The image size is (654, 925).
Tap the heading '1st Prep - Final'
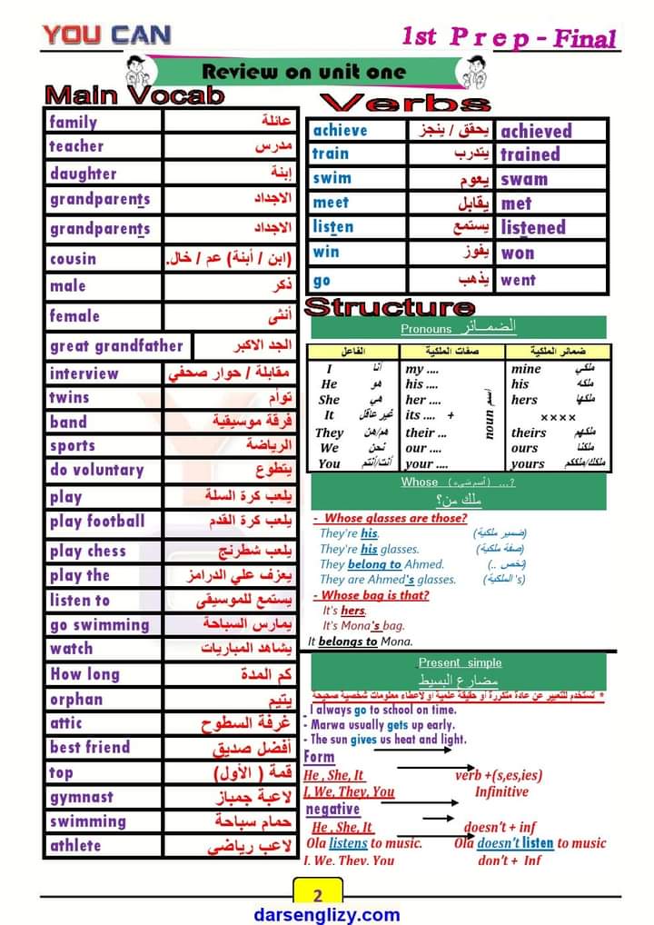[509, 38]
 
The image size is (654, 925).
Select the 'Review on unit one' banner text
[303, 71]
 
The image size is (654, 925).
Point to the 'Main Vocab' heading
[134, 95]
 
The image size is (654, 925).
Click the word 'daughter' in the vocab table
[83, 174]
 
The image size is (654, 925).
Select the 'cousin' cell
[73, 259]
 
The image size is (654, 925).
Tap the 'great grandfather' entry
[116, 345]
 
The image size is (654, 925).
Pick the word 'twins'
[70, 397]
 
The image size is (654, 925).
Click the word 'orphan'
[76, 699]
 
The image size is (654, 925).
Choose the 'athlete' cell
[75, 845]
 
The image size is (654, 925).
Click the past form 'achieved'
[536, 131]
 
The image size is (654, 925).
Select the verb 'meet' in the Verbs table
[331, 203]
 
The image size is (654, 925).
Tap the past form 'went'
[518, 280]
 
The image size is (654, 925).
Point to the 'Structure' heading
[390, 307]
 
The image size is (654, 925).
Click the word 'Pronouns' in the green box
[426, 329]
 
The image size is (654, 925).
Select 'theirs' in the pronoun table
[529, 433]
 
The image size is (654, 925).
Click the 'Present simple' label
[460, 662]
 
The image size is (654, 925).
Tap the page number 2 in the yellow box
[317, 891]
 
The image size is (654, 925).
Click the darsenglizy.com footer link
[327, 914]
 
